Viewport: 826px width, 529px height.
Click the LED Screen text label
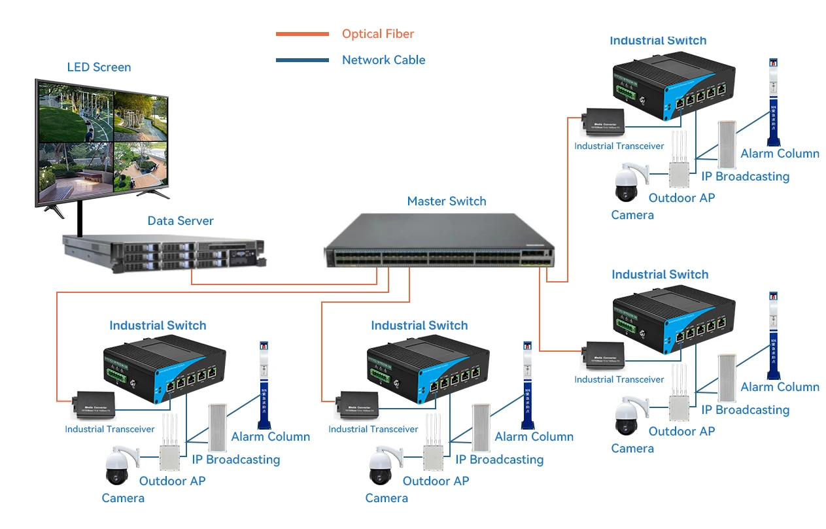99,67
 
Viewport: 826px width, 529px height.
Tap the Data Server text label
181,221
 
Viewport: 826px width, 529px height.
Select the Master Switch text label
447,201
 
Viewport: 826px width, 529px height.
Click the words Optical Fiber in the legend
378,34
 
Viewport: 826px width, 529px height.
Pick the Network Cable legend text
383,60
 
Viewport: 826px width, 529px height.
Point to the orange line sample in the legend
302,34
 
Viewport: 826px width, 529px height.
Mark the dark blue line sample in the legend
302,60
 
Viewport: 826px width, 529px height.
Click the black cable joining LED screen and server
79,219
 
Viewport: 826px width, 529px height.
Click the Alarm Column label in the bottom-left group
271,437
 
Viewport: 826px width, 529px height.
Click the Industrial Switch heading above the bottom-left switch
158,326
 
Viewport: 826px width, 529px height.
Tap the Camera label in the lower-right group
632,449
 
